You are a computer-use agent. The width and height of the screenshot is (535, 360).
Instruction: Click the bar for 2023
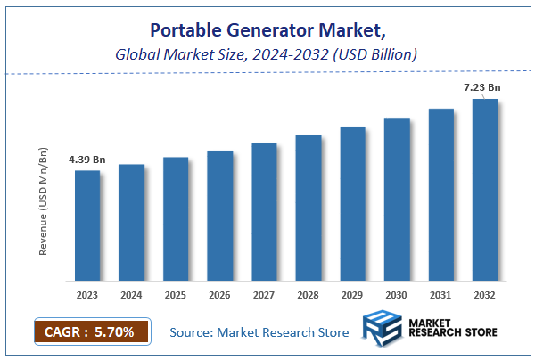87,225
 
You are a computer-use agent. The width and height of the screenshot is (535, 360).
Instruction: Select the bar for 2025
176,218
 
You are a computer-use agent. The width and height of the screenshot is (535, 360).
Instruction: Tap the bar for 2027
264,210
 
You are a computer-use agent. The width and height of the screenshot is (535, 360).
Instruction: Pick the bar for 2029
353,203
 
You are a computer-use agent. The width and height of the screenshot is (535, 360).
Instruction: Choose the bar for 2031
441,194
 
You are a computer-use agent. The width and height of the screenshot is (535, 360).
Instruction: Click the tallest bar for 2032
485,189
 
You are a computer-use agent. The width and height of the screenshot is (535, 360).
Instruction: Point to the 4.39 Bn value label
86,160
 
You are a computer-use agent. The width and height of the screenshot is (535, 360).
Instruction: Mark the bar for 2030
397,199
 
